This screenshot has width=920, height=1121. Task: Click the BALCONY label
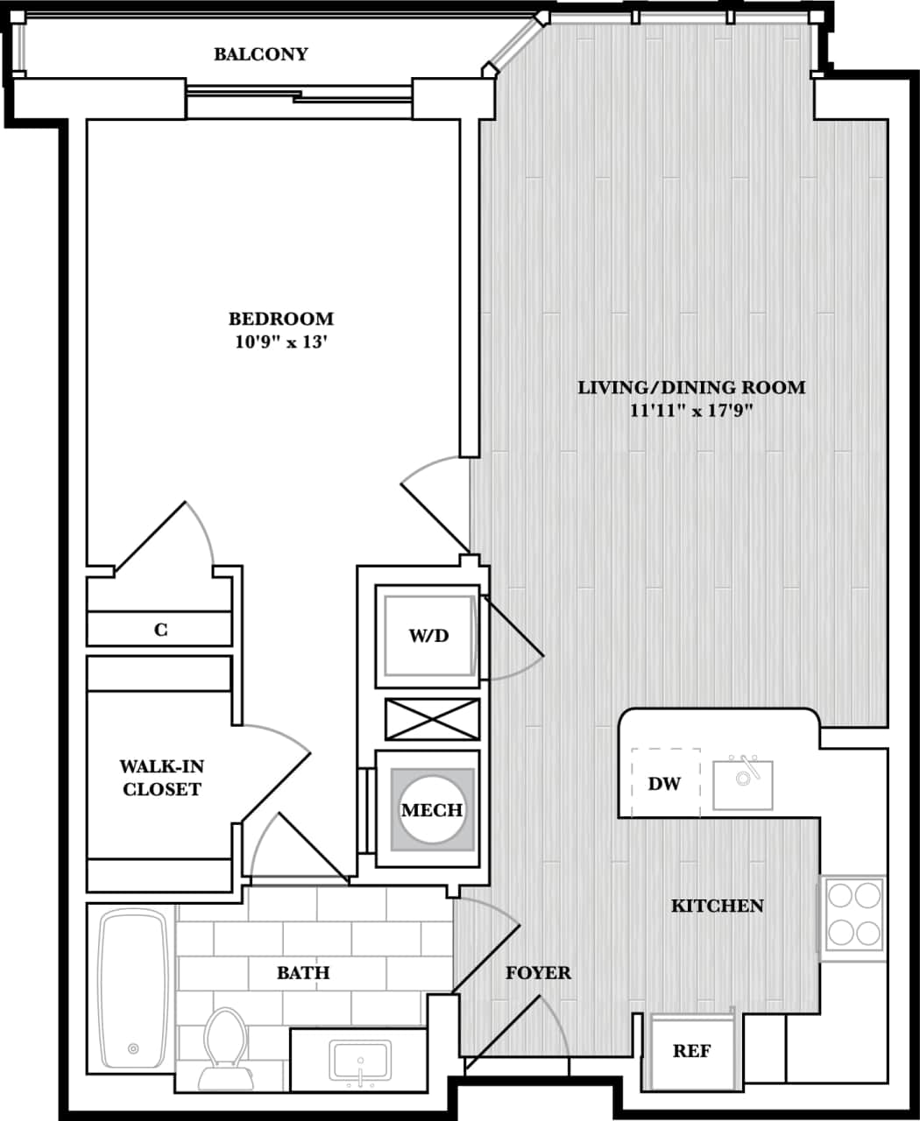point(261,54)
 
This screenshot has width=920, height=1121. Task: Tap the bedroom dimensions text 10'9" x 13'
point(280,342)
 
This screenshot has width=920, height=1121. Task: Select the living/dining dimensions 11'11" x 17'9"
point(691,411)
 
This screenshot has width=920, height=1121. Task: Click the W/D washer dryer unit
point(428,636)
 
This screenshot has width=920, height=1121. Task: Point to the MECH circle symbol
point(431,810)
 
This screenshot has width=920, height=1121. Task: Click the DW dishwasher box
point(664,783)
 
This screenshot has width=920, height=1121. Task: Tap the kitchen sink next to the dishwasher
point(742,785)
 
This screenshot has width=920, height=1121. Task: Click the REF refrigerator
point(691,1051)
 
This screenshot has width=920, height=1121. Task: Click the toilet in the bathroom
point(225,1047)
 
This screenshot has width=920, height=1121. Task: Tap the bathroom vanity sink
point(360,1061)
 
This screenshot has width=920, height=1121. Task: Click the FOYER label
point(538,973)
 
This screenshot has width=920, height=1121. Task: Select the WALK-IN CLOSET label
point(162,778)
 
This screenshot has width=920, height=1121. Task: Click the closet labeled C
point(160,630)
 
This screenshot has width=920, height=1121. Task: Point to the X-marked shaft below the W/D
point(432,720)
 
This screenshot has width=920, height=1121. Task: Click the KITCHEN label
point(717,906)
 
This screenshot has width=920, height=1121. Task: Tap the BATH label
point(303,973)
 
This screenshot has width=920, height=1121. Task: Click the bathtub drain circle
point(133,1048)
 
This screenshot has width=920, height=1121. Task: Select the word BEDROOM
point(280,319)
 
